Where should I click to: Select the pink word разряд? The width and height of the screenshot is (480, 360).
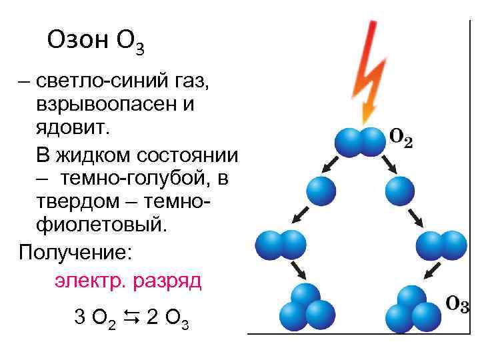click(x=166, y=280)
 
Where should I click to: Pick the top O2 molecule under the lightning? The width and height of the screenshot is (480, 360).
click(x=360, y=141)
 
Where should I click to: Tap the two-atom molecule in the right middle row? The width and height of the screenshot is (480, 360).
click(x=441, y=245)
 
